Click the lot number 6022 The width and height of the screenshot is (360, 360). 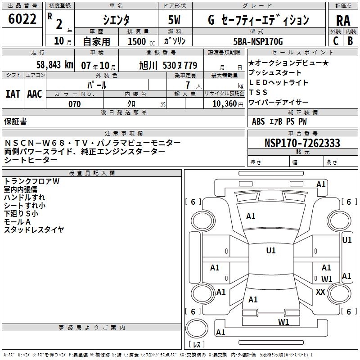(22, 19)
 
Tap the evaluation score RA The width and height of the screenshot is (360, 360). (343, 21)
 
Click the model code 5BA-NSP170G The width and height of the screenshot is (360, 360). (258, 41)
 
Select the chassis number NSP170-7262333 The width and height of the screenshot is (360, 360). (302, 143)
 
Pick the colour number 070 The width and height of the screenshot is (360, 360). (74, 104)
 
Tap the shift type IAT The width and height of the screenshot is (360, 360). (13, 94)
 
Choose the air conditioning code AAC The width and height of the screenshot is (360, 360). (35, 94)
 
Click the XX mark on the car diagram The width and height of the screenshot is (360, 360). (320, 292)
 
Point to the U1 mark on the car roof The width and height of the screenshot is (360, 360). (271, 251)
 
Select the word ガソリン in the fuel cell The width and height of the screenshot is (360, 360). (175, 41)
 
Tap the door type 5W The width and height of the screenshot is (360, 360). (175, 20)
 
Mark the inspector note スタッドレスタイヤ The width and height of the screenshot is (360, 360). (34, 230)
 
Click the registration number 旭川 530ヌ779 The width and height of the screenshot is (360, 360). (168, 65)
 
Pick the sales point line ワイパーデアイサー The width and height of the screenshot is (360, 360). (279, 102)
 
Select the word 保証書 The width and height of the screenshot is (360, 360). (15, 121)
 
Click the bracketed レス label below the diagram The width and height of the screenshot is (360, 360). (197, 345)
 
